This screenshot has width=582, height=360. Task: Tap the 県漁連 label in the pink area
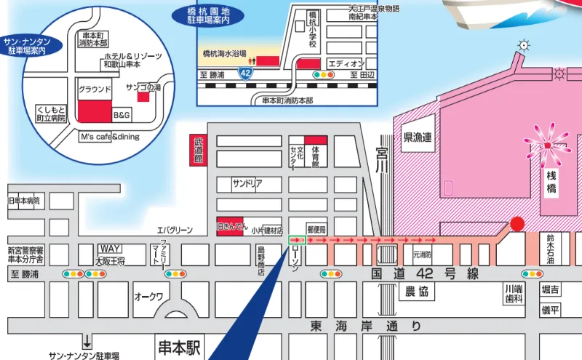(x=418, y=137)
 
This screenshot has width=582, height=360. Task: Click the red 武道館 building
(x=197, y=151)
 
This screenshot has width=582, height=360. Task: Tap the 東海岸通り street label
(x=364, y=325)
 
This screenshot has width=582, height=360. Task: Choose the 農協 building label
(x=417, y=292)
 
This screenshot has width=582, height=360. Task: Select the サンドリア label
(x=247, y=183)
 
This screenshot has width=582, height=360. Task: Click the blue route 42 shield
(x=245, y=72)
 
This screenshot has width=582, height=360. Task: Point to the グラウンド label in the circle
(x=95, y=89)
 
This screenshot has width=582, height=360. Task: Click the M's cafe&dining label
(x=109, y=137)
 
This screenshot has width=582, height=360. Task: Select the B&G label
(x=121, y=115)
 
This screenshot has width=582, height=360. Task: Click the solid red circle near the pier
(x=517, y=224)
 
